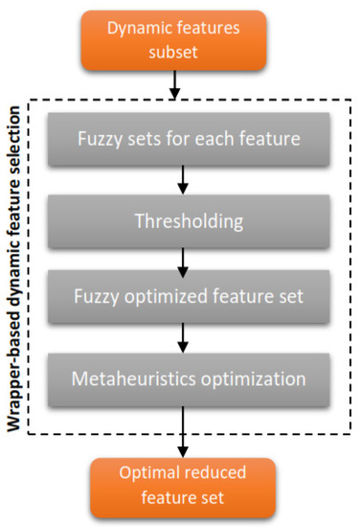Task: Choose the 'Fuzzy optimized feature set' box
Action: tap(188, 296)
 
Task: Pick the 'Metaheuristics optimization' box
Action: tap(188, 378)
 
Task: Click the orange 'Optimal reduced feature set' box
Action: tap(181, 486)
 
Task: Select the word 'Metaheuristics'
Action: tap(131, 378)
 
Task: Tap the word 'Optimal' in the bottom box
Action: tap(149, 475)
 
